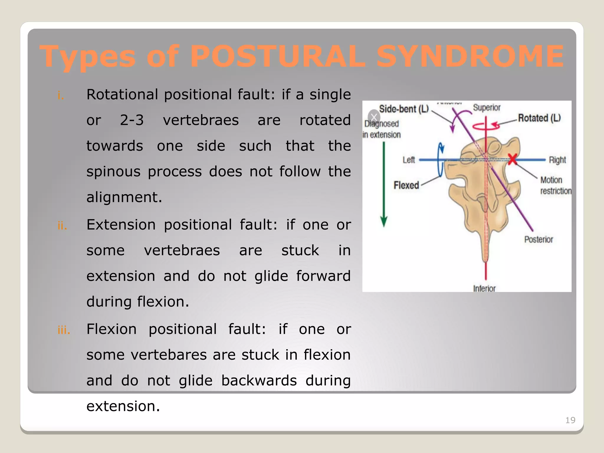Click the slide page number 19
tap(570, 420)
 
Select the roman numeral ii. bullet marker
tap(62, 226)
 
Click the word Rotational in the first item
tap(122, 95)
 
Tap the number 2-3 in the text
tap(132, 120)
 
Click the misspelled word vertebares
tap(169, 355)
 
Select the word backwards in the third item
tap(259, 380)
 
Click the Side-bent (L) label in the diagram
tap(403, 109)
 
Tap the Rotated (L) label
tap(539, 118)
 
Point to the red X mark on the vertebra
tap(513, 159)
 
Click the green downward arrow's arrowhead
tap(384, 221)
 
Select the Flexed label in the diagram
tap(406, 185)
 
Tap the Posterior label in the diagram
tap(538, 239)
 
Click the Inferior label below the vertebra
tap(484, 288)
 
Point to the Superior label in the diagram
tap(487, 108)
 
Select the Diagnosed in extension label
tap(382, 129)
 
